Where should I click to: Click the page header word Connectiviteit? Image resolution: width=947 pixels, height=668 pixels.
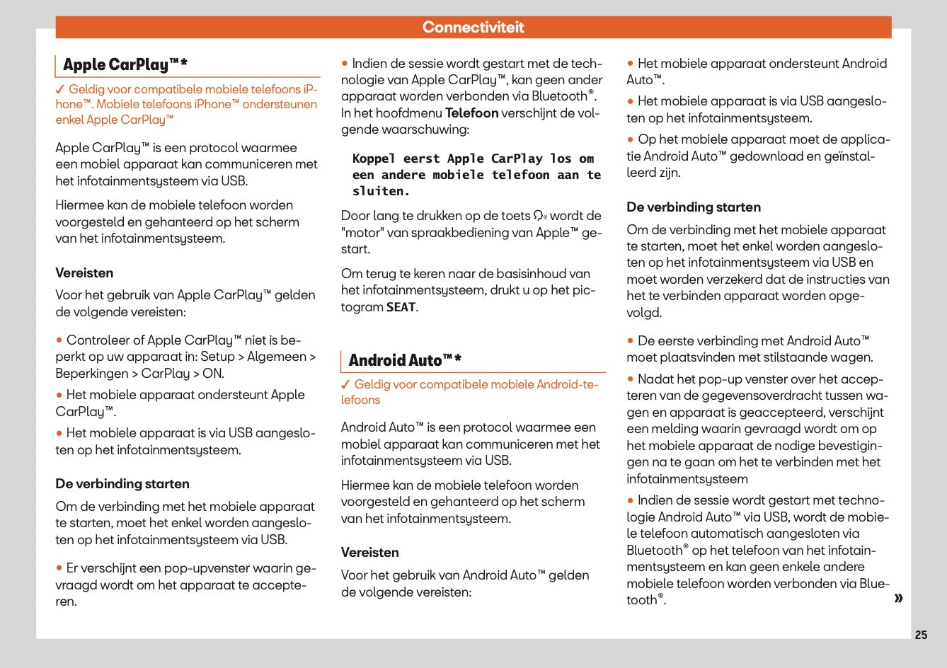point(473,28)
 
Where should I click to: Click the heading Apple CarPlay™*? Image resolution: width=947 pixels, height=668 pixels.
point(125,65)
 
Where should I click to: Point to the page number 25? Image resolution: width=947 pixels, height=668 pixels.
point(921,635)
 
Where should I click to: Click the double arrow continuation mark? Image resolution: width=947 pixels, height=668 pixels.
point(899,599)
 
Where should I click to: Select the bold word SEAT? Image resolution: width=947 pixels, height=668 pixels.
point(401,307)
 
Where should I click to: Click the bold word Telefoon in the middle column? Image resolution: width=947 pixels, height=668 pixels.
point(471,113)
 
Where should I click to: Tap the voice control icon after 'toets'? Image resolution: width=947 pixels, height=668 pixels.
point(540,216)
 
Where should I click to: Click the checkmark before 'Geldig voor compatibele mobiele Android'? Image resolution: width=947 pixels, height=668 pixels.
point(345,385)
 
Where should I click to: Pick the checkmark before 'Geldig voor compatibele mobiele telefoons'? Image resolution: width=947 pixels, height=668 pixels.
point(60,90)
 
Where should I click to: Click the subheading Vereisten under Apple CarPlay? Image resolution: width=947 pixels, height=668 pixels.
point(84,272)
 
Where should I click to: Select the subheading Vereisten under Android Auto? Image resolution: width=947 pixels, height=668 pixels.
point(369,552)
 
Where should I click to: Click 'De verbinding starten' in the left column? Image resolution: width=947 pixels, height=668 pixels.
point(122,484)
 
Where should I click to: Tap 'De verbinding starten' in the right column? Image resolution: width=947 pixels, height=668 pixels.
point(693,207)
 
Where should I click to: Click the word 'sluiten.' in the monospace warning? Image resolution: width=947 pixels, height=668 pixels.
point(381,191)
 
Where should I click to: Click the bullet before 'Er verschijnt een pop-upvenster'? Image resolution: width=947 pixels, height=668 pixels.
point(59,568)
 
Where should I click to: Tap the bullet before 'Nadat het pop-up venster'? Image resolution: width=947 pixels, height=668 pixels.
point(630,379)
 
